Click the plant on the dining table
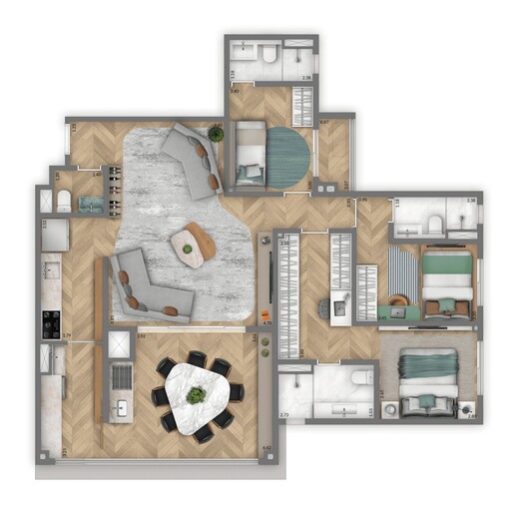coord(197,395)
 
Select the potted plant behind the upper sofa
coord(216,134)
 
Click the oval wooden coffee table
coord(193,245)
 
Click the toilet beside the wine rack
coord(64,202)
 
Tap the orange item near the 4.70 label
coord(265,318)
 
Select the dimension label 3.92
coord(142,336)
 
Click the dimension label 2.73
coord(284,413)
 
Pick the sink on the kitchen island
coord(121,409)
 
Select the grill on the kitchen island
coord(121,376)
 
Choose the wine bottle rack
coord(113,189)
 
